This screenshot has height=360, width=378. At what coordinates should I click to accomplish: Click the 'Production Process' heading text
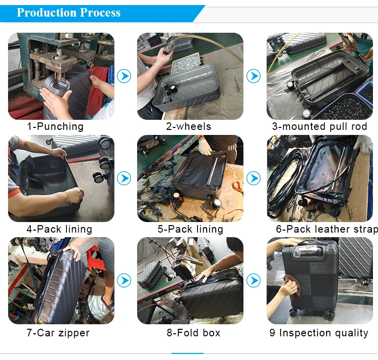pyautogui.click(x=69, y=13)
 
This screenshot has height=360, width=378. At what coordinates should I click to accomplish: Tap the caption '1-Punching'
pyautogui.click(x=55, y=126)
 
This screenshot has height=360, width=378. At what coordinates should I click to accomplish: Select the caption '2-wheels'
pyautogui.click(x=188, y=126)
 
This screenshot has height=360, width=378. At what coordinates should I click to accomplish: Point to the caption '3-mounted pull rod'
pyautogui.click(x=320, y=126)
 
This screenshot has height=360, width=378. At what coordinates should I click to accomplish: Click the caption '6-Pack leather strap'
pyautogui.click(x=327, y=229)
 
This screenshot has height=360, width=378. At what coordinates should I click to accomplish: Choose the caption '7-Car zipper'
pyautogui.click(x=58, y=333)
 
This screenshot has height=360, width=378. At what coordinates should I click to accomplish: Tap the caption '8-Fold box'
pyautogui.click(x=194, y=333)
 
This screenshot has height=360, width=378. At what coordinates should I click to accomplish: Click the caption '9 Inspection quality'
pyautogui.click(x=319, y=333)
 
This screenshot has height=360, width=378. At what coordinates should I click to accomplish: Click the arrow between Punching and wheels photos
pyautogui.click(x=124, y=76)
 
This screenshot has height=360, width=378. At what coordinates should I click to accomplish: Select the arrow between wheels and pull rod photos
pyautogui.click(x=254, y=76)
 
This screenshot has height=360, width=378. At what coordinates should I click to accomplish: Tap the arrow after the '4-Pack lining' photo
pyautogui.click(x=124, y=178)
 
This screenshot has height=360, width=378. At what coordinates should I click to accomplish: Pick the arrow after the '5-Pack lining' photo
pyautogui.click(x=254, y=178)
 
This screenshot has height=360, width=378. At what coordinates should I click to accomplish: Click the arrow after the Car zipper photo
pyautogui.click(x=124, y=280)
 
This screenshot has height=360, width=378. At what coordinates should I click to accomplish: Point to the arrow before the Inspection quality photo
pyautogui.click(x=254, y=280)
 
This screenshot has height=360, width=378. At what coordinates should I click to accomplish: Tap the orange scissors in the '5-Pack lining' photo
pyautogui.click(x=238, y=186)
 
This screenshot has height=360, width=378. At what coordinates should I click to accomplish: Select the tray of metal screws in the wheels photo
pyautogui.click(x=186, y=63)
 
